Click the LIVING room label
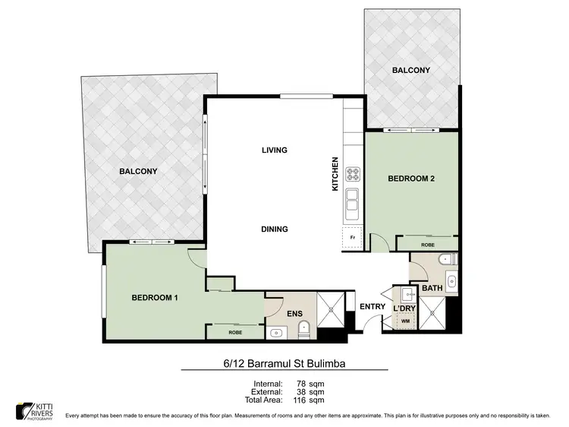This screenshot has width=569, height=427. pos(274,150)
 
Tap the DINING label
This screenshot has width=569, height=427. pos(274,229)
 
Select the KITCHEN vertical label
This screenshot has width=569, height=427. pos(335,174)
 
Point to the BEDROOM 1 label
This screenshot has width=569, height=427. pos(154,297)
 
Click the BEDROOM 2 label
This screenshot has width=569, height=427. pos(410,179)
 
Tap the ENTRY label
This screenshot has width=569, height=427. pos(373,307)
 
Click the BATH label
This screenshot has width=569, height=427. pos(432,289)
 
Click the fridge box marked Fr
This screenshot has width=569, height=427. pos(352,237)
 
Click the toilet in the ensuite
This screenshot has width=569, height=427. pos(305,329)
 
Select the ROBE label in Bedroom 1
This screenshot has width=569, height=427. pos(234,332)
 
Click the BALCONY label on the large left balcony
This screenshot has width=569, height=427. pos(138,172)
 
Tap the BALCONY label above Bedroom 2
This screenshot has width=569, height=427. pos(411,71)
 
